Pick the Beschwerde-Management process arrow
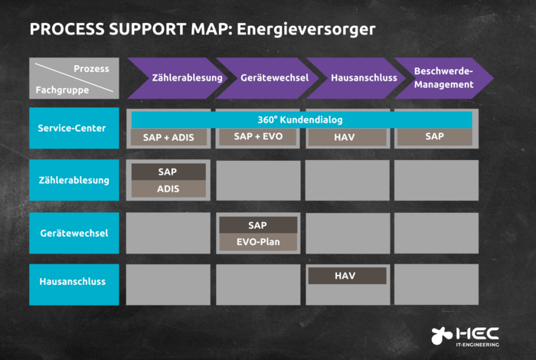point(443,78)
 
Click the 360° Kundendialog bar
point(302,120)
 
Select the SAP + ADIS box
point(168,138)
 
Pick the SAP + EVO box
point(258,137)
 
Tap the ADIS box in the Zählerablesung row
point(168,188)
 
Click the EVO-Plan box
point(258,242)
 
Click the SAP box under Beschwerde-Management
point(435,137)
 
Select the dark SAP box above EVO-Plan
point(258,225)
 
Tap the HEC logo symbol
point(442,335)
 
